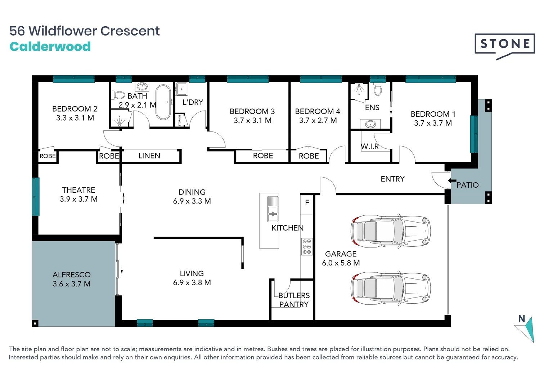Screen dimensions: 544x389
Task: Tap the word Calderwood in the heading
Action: pos(50,46)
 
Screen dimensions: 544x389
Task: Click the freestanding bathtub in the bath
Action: pos(163,102)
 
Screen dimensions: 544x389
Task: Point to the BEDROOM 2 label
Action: pos(75,109)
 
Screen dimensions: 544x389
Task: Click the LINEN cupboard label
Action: pos(149,156)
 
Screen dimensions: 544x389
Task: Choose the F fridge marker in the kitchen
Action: pos(307,202)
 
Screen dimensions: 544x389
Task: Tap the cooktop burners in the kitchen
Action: pos(307,246)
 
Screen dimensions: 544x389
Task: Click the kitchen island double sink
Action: pos(273,209)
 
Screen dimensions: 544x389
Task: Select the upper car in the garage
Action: pos(391,231)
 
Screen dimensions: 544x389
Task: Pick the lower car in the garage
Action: pos(391,288)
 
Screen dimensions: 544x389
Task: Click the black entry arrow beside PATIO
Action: pos(452,180)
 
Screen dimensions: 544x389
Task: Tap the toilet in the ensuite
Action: pos(378,89)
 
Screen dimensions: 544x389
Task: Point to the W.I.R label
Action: pos(370,146)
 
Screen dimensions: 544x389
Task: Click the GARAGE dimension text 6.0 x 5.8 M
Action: pos(341,263)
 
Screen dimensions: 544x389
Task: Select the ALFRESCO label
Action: pos(72,274)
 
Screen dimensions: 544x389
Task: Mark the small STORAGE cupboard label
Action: pos(180,120)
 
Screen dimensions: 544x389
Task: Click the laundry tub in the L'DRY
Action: pos(182,89)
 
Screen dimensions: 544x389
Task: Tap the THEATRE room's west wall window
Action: pos(36,197)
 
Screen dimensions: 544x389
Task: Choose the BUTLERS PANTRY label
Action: pos(294,300)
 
